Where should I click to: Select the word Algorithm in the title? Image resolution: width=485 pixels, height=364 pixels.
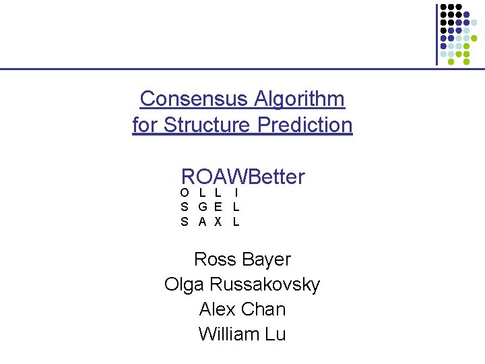[x=300, y=99]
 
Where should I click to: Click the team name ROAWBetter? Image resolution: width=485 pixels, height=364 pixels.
[x=243, y=177]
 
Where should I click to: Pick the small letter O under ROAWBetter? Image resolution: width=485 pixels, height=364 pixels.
[x=185, y=193]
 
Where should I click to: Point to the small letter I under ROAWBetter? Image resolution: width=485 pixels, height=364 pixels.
[x=236, y=193]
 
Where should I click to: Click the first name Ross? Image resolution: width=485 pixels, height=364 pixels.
[x=214, y=260]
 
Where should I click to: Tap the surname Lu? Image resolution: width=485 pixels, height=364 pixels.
[x=275, y=334]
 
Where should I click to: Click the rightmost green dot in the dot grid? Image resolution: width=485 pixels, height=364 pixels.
[x=466, y=61]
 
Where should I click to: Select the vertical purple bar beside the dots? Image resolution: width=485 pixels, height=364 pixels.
[x=437, y=34]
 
